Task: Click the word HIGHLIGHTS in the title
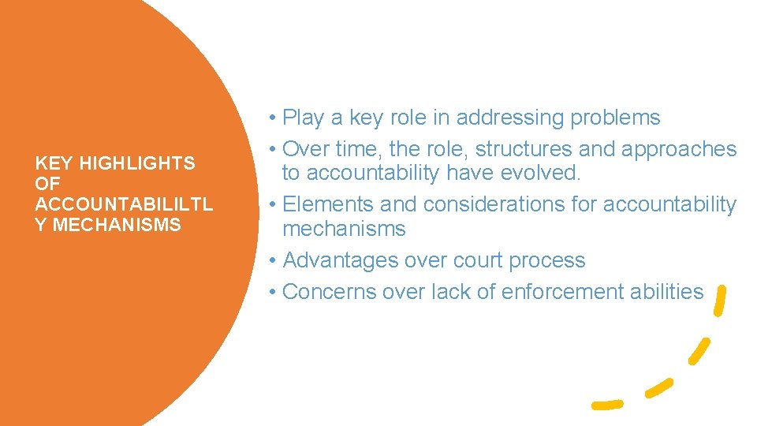(x=137, y=163)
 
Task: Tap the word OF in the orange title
(x=47, y=184)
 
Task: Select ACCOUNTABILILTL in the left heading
(x=124, y=204)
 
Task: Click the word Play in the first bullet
(x=302, y=118)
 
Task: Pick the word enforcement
(x=558, y=291)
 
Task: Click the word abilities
(x=667, y=291)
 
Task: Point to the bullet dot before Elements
(x=270, y=204)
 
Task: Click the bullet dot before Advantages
(x=270, y=260)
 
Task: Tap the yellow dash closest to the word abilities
(x=718, y=301)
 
